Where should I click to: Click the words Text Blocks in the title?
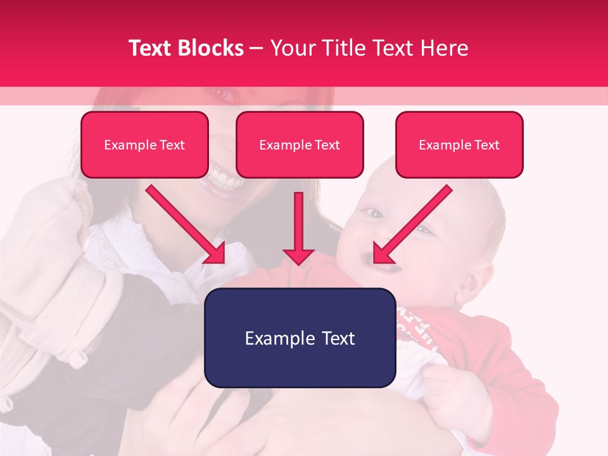(186, 48)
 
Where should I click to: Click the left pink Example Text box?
(144, 145)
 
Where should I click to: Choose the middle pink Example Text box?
(300, 145)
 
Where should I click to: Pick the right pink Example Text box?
(459, 145)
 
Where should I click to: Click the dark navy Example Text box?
(300, 338)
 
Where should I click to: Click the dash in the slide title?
(256, 48)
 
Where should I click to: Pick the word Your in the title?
(290, 48)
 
